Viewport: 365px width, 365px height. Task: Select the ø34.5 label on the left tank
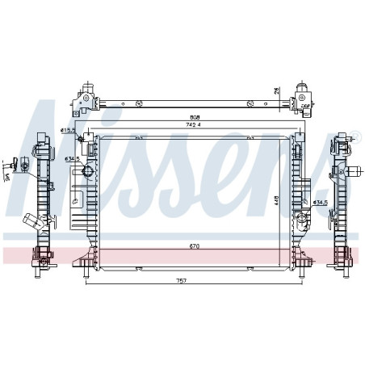(x=71, y=159)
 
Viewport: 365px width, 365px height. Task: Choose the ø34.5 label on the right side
(x=320, y=202)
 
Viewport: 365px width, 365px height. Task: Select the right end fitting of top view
(x=304, y=98)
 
